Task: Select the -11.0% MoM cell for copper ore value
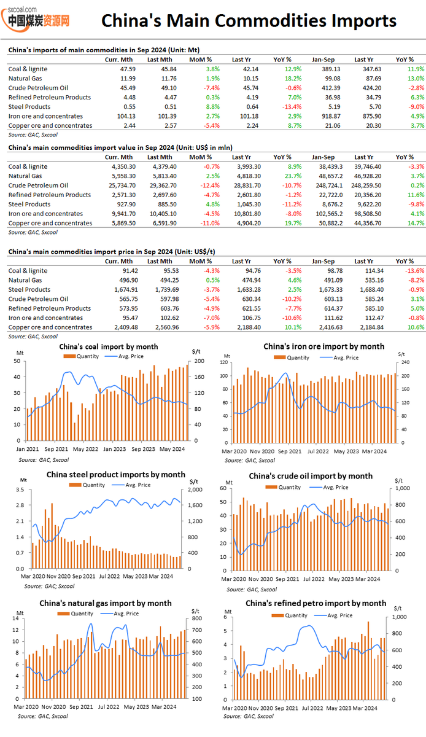209,223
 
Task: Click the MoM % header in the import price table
201,261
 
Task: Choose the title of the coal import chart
109,346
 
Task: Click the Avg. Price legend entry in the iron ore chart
345,357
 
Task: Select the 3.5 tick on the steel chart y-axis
20,489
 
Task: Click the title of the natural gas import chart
109,603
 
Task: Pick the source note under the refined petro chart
249,716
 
